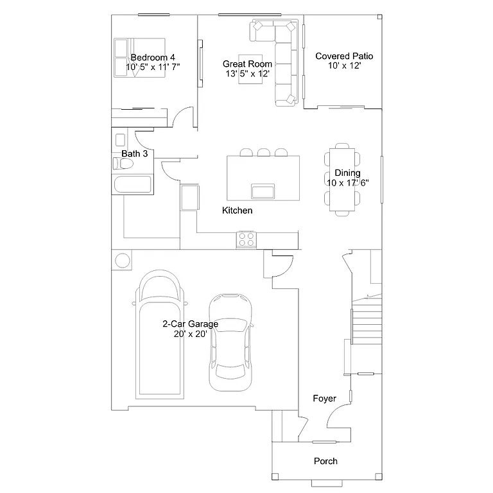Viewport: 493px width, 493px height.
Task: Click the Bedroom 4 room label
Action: (153, 57)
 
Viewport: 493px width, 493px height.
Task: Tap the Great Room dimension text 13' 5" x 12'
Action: (247, 74)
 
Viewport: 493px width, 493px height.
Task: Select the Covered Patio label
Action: (344, 56)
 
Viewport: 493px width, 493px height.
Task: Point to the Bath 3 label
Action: (135, 154)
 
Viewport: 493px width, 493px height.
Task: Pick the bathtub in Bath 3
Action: (133, 185)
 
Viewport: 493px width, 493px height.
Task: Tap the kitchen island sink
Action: (263, 191)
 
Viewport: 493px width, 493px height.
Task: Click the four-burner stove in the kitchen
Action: (246, 239)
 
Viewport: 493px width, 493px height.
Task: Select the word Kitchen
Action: (238, 211)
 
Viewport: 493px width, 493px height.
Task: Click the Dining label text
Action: (347, 173)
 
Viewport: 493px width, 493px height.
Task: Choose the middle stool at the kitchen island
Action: (263, 152)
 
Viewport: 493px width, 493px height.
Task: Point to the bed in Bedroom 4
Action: (140, 58)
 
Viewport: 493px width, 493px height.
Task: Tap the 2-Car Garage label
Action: (190, 324)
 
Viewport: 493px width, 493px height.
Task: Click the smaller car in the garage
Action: (230, 343)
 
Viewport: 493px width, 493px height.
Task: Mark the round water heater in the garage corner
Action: (122, 261)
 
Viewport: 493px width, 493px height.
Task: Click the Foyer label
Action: (324, 399)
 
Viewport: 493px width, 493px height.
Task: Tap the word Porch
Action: (325, 461)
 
